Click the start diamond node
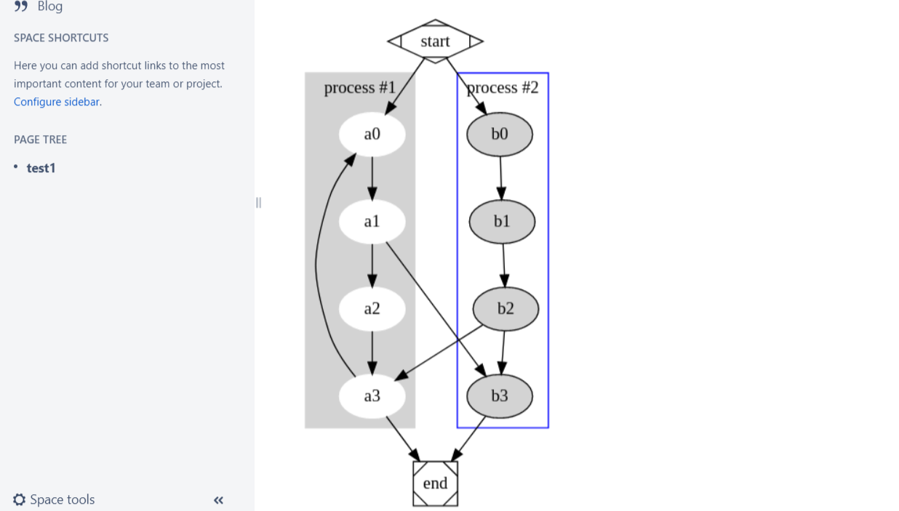[435, 41]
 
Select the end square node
[435, 483]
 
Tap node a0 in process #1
[372, 134]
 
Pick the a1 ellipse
[372, 221]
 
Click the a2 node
[372, 309]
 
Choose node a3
[372, 396]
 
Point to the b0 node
[500, 134]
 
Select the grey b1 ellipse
[502, 221]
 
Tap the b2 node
[506, 309]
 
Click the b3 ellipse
[500, 396]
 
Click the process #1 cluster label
[359, 88]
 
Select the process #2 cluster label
[503, 88]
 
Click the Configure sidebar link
[56, 102]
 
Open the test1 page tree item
[41, 168]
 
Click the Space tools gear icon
[20, 499]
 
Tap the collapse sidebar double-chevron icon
[218, 500]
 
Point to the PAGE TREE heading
[40, 140]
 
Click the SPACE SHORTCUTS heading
[61, 38]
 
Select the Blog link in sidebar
[50, 7]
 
